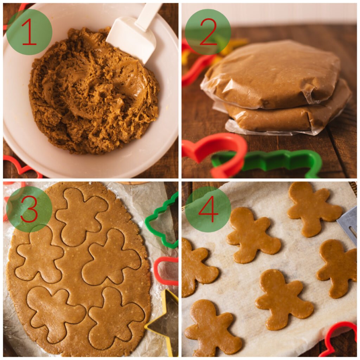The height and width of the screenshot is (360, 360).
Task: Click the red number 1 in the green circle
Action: click(x=29, y=32)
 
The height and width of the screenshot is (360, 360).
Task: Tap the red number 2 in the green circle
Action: click(x=208, y=32)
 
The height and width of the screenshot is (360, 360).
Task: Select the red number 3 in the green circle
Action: click(x=29, y=209)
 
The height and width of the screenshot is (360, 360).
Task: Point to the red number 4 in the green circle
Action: click(x=208, y=209)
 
